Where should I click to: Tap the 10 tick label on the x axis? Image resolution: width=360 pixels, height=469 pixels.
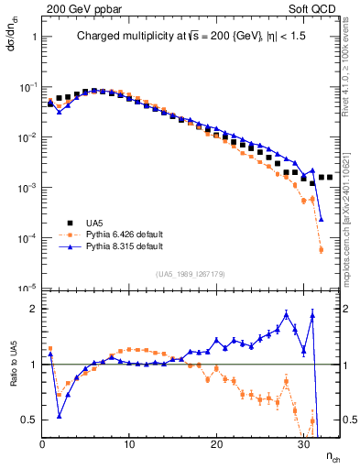tap(129, 444)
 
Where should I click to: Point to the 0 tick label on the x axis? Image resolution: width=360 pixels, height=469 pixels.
tap(43, 444)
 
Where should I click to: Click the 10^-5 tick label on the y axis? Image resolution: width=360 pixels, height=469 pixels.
tap(27, 288)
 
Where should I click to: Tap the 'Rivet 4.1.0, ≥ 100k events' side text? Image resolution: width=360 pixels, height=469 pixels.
tap(351, 73)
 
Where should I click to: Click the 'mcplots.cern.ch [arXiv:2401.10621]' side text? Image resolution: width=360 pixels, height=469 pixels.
tap(351, 211)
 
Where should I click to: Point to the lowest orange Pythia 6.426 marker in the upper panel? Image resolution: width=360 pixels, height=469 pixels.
tap(321, 249)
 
